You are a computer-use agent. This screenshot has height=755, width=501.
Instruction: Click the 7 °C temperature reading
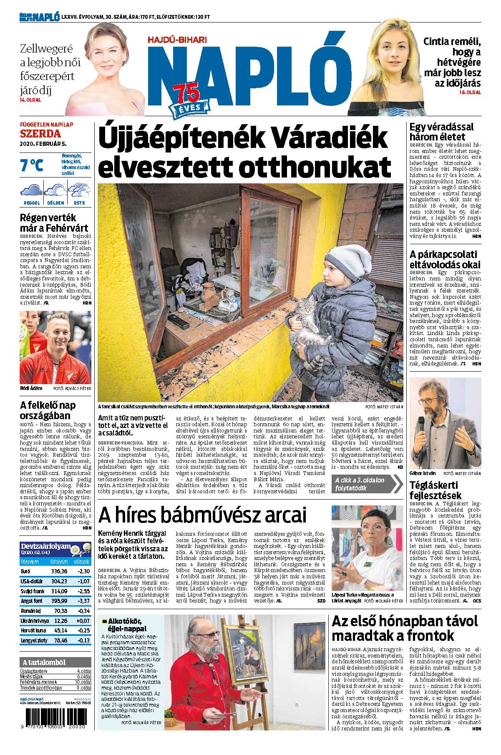point(32,165)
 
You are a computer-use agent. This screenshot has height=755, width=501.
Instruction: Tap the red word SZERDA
point(40,134)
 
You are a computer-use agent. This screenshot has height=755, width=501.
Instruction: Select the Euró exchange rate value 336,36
point(58,571)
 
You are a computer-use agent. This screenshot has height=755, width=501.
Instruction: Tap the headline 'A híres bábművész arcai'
point(202,515)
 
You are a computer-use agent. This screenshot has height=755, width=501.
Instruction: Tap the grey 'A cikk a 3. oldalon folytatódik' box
point(363,484)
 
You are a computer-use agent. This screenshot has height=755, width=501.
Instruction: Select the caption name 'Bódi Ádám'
point(31,388)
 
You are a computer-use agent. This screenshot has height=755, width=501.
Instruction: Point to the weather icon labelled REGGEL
point(32,192)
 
